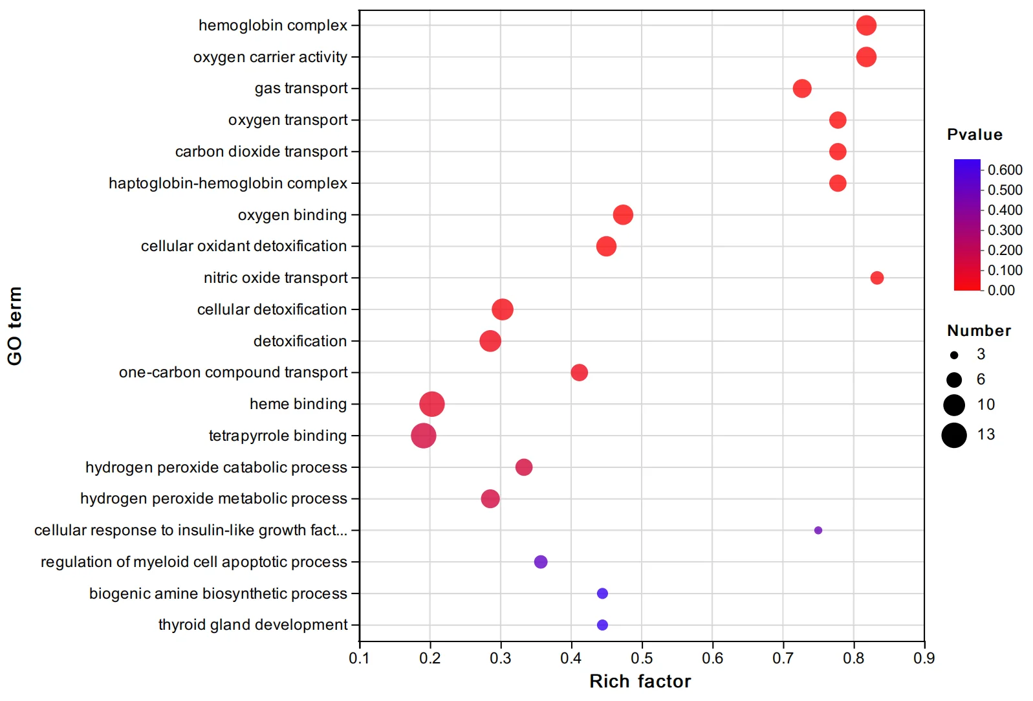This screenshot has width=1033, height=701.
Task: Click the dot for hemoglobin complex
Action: [866, 25]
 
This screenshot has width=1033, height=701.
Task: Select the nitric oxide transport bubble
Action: [876, 278]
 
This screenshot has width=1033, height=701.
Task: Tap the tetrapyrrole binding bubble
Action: [424, 436]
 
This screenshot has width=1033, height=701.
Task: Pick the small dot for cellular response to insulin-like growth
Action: [818, 530]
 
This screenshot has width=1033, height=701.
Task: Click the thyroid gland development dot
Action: [602, 625]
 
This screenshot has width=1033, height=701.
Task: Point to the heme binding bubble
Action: [432, 404]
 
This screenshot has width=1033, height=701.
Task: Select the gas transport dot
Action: [802, 88]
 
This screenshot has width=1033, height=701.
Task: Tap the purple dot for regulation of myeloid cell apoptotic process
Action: [541, 562]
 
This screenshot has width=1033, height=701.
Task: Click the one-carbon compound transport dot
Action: [579, 372]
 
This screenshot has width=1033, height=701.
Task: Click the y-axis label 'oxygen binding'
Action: [292, 215]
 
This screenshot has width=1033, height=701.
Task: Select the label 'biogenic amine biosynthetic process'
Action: [218, 594]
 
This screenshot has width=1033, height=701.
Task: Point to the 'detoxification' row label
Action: [299, 341]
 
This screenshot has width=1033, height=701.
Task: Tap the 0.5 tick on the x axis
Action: [642, 658]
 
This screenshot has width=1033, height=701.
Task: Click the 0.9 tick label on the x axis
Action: [924, 658]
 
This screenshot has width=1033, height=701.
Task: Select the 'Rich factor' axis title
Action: [640, 682]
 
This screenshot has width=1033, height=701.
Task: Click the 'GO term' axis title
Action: [15, 326]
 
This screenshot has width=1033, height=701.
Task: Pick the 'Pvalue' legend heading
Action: [974, 135]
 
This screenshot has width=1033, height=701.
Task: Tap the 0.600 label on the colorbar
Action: [1005, 170]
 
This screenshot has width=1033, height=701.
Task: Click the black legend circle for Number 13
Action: [953, 435]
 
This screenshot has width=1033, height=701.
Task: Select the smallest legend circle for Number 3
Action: [954, 355]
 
